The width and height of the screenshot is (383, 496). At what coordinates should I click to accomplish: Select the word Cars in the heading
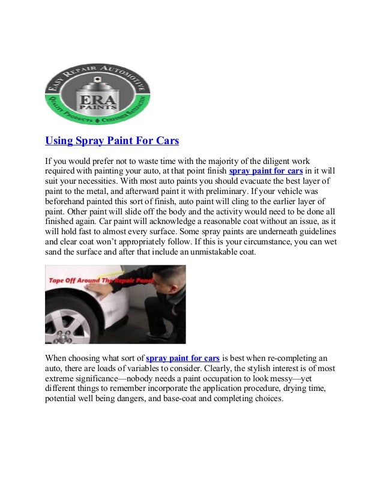pyautogui.click(x=166, y=141)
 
